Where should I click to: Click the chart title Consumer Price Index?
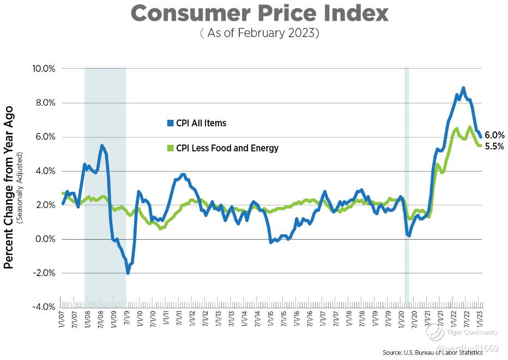click(259, 14)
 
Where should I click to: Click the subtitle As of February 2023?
click(259, 33)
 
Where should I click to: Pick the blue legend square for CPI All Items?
click(170, 123)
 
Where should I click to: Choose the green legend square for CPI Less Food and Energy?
click(170, 148)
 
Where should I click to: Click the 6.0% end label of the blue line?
click(494, 135)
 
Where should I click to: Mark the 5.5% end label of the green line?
click(494, 146)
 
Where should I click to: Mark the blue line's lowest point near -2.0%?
click(128, 273)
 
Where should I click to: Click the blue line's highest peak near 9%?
click(463, 88)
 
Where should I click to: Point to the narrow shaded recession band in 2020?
click(407, 185)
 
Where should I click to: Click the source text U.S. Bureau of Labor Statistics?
click(433, 353)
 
